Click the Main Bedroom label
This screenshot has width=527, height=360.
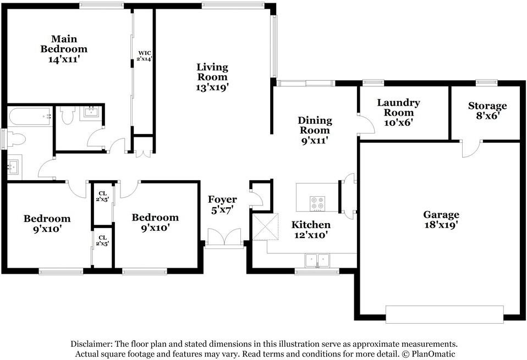click(x=64, y=44)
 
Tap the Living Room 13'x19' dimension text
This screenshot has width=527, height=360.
click(x=212, y=87)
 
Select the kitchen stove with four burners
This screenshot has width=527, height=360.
click(x=317, y=203)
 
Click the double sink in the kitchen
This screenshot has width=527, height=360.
click(x=317, y=260)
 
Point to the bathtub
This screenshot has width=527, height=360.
click(x=30, y=116)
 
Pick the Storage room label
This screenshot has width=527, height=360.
click(x=487, y=106)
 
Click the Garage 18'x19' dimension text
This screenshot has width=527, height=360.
click(x=441, y=225)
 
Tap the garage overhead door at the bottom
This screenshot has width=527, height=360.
click(x=444, y=314)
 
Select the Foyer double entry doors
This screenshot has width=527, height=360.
click(x=224, y=237)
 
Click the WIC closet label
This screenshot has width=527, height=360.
click(x=145, y=53)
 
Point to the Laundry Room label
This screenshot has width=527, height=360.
click(x=398, y=107)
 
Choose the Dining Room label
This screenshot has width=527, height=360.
click(x=315, y=125)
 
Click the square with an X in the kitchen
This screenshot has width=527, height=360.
click(x=266, y=226)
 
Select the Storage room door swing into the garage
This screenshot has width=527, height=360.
click(x=471, y=149)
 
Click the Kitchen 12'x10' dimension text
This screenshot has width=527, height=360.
click(x=311, y=235)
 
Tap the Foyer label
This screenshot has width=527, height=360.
click(x=222, y=199)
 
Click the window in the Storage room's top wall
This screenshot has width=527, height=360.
click(x=487, y=82)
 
